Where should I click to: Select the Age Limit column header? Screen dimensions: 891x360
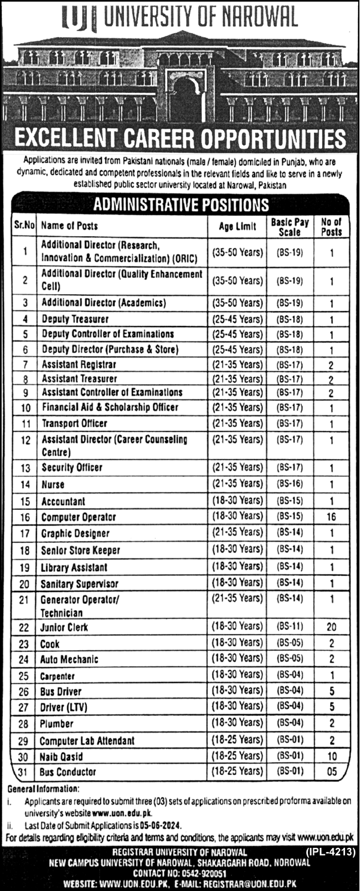pos(237,226)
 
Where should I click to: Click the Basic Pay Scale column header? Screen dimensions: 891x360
pos(290,226)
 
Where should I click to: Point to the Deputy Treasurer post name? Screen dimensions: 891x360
pos(75,319)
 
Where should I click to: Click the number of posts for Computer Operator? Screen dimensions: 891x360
pos(331,517)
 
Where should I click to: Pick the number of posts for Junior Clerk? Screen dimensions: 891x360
pos(331,627)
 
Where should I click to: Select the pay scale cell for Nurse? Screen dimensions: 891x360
pos(290,484)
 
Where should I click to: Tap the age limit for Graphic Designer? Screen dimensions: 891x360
pos(237,533)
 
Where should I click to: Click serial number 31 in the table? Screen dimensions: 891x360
pos(24,772)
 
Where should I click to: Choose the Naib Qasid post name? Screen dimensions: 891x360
pos(62,757)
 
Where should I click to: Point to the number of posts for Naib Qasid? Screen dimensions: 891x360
pos(331,757)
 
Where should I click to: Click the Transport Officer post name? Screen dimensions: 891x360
pos(74,423)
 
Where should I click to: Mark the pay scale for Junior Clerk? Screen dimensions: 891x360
pos(290,627)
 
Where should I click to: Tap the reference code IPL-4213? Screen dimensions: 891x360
pos(332,851)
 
